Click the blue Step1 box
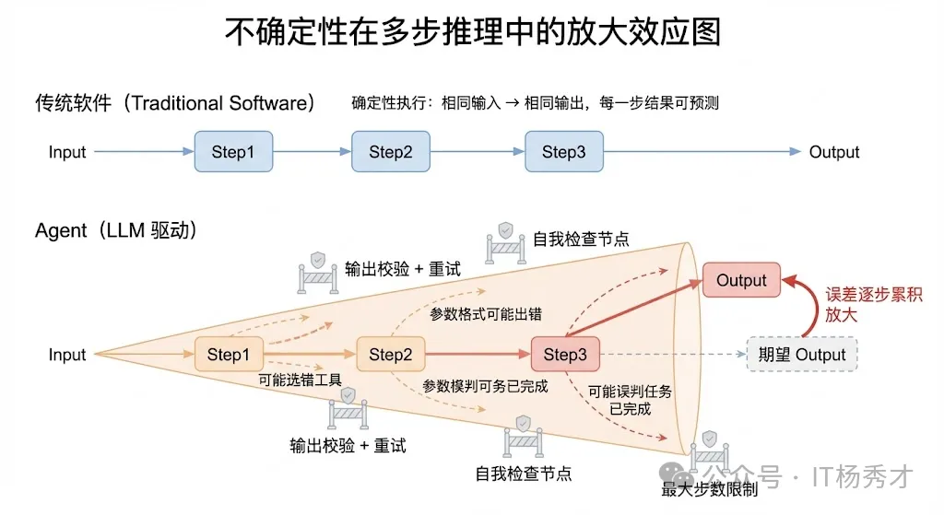click(x=233, y=152)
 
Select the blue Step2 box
click(x=391, y=152)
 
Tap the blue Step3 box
click(x=563, y=152)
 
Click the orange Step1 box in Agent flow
click(x=228, y=355)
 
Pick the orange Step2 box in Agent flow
click(x=390, y=355)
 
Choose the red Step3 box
click(x=565, y=355)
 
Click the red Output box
click(x=741, y=280)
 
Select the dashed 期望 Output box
click(x=801, y=355)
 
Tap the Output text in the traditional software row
click(x=834, y=152)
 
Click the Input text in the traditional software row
click(x=67, y=152)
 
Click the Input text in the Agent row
click(x=67, y=355)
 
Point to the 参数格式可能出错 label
click(x=486, y=314)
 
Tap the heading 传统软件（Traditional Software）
click(x=175, y=102)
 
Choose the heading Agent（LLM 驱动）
click(x=116, y=230)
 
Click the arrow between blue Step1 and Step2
click(x=312, y=152)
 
